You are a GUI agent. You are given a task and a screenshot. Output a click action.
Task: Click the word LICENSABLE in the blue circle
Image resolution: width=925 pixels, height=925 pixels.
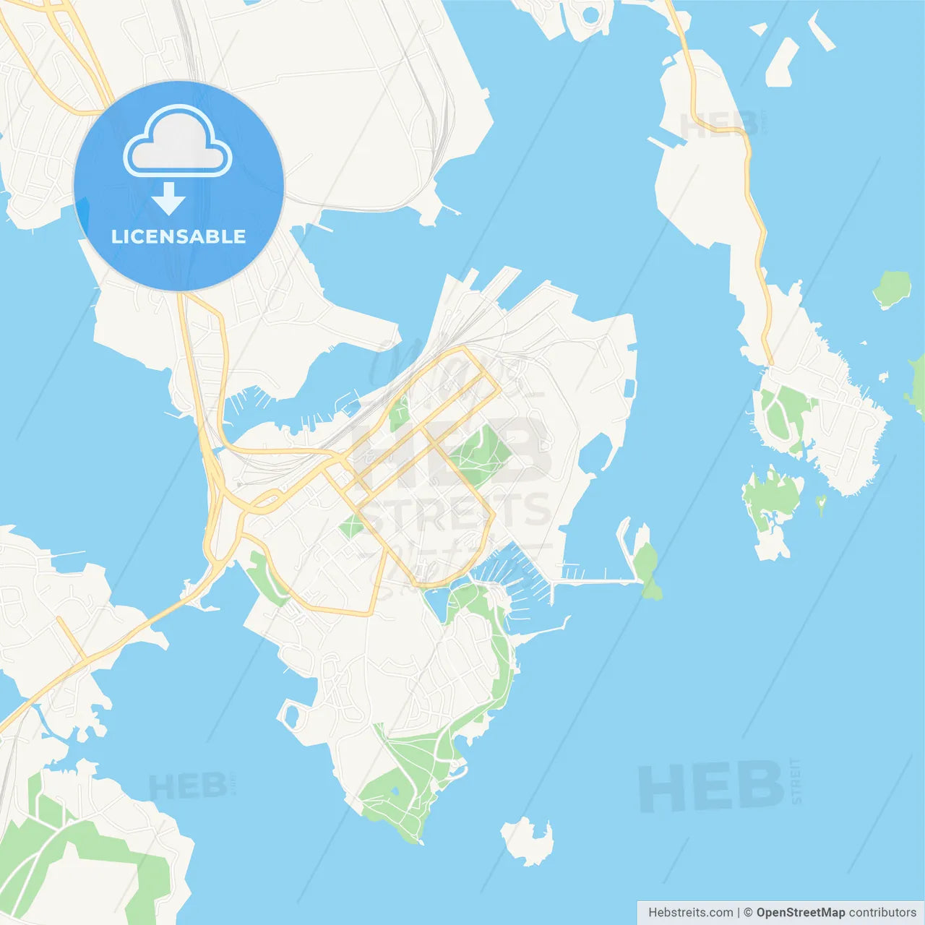178,237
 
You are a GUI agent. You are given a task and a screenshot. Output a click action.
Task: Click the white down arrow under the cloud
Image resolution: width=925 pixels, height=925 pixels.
168,199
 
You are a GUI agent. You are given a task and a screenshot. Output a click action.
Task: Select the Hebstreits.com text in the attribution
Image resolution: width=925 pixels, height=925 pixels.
690,913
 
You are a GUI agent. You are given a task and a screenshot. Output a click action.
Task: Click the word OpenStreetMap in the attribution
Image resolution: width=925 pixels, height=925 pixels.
800,913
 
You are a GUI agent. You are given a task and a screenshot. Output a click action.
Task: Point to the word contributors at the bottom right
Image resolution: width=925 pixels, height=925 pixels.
882,913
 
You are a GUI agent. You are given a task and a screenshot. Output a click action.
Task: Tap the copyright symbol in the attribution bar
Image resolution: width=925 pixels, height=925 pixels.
748,913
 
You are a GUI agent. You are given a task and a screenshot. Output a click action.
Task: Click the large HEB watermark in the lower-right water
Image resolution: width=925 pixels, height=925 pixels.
711,787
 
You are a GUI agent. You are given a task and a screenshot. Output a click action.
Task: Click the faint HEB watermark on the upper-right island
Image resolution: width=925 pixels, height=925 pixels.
719,125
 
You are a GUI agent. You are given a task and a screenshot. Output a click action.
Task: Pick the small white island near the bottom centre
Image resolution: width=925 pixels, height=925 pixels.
528,841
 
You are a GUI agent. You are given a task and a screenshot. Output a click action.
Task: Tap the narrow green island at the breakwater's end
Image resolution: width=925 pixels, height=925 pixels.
647,571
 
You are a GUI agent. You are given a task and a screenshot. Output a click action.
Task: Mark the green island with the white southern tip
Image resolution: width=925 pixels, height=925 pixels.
771,506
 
